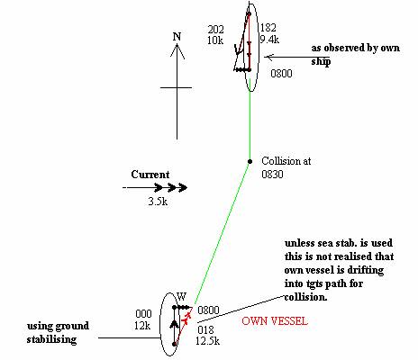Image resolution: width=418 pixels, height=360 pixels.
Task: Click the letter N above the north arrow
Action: [x=177, y=37]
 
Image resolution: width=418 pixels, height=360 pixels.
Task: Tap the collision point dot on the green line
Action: [x=250, y=161]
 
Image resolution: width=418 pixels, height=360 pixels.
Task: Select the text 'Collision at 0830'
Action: [x=286, y=167]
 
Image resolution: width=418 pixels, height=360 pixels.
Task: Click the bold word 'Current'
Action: [x=150, y=175]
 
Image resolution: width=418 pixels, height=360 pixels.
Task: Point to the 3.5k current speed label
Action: [x=158, y=202]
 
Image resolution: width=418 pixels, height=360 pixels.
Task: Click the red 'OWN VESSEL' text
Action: [x=275, y=321]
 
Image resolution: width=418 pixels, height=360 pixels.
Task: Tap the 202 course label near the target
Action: [x=216, y=30]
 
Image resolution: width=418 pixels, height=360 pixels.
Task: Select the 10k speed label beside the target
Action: [x=215, y=40]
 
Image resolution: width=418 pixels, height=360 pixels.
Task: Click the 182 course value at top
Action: [x=268, y=28]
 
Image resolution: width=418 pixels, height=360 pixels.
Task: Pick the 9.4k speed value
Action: [x=269, y=40]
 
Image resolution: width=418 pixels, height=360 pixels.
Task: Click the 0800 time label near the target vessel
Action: [x=281, y=74]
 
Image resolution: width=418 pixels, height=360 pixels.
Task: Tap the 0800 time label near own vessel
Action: [x=208, y=310]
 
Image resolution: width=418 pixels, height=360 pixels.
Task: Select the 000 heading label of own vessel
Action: [x=143, y=314]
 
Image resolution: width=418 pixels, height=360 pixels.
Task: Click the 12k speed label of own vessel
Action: [x=142, y=326]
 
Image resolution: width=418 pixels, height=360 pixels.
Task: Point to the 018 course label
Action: [x=205, y=330]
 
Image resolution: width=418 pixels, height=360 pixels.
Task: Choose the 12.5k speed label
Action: [x=207, y=341]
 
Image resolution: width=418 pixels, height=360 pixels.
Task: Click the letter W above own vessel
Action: [x=181, y=297]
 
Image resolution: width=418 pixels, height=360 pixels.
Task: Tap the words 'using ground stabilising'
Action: [x=58, y=333]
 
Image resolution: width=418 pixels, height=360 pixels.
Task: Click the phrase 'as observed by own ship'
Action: [x=356, y=55]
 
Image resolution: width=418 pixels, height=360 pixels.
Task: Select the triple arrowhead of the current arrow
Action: [x=171, y=188]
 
